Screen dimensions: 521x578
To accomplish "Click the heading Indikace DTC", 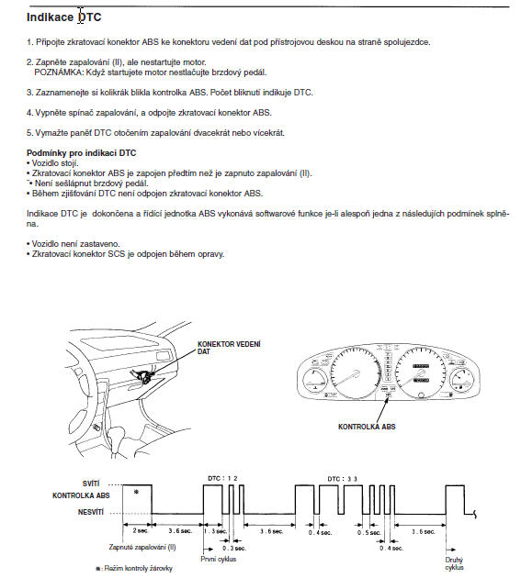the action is [64, 17].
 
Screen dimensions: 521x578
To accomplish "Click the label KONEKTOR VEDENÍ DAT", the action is [229, 348].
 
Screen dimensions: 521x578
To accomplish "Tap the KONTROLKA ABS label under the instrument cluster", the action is [367, 427].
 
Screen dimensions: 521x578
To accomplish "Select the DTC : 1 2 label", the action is [222, 479].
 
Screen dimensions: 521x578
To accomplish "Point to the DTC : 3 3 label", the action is [343, 479].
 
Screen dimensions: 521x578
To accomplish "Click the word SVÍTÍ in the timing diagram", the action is [91, 484].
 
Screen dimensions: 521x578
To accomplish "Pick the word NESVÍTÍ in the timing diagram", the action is [91, 512].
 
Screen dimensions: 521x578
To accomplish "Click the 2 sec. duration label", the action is [141, 531].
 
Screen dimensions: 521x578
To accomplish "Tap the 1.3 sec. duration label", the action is [215, 531].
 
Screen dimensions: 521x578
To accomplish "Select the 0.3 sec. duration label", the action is [234, 548].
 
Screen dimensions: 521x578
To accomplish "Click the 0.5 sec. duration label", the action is [368, 533].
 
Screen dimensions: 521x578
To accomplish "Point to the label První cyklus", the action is [218, 560].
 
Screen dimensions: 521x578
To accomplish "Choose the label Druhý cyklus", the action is [454, 564].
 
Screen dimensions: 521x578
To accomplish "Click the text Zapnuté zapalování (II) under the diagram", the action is [142, 548].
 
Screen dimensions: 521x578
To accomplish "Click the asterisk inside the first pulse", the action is [137, 492].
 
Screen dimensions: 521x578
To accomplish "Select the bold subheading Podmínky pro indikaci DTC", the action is [81, 153].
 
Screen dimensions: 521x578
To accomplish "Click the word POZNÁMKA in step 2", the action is [59, 72].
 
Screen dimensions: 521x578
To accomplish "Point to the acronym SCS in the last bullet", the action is [117, 254].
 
